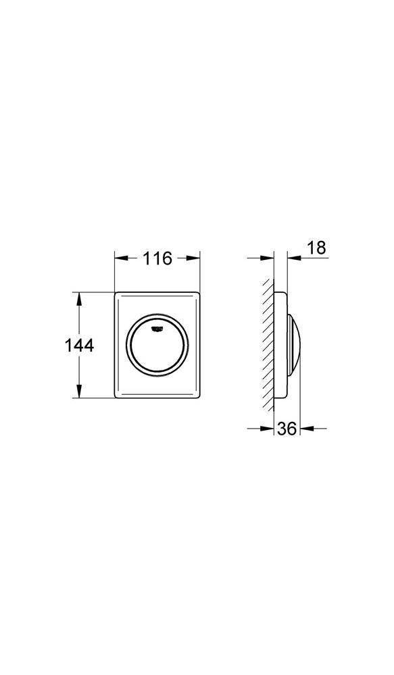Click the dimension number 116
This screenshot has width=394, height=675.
pos(157,258)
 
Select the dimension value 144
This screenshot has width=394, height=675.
pos(79,345)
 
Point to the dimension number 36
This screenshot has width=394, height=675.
pos(287,429)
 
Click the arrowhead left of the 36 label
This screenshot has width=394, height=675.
pos(268,428)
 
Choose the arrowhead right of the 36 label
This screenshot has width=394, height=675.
pos(305,428)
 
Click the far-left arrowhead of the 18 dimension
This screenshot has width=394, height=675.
pos(268,257)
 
